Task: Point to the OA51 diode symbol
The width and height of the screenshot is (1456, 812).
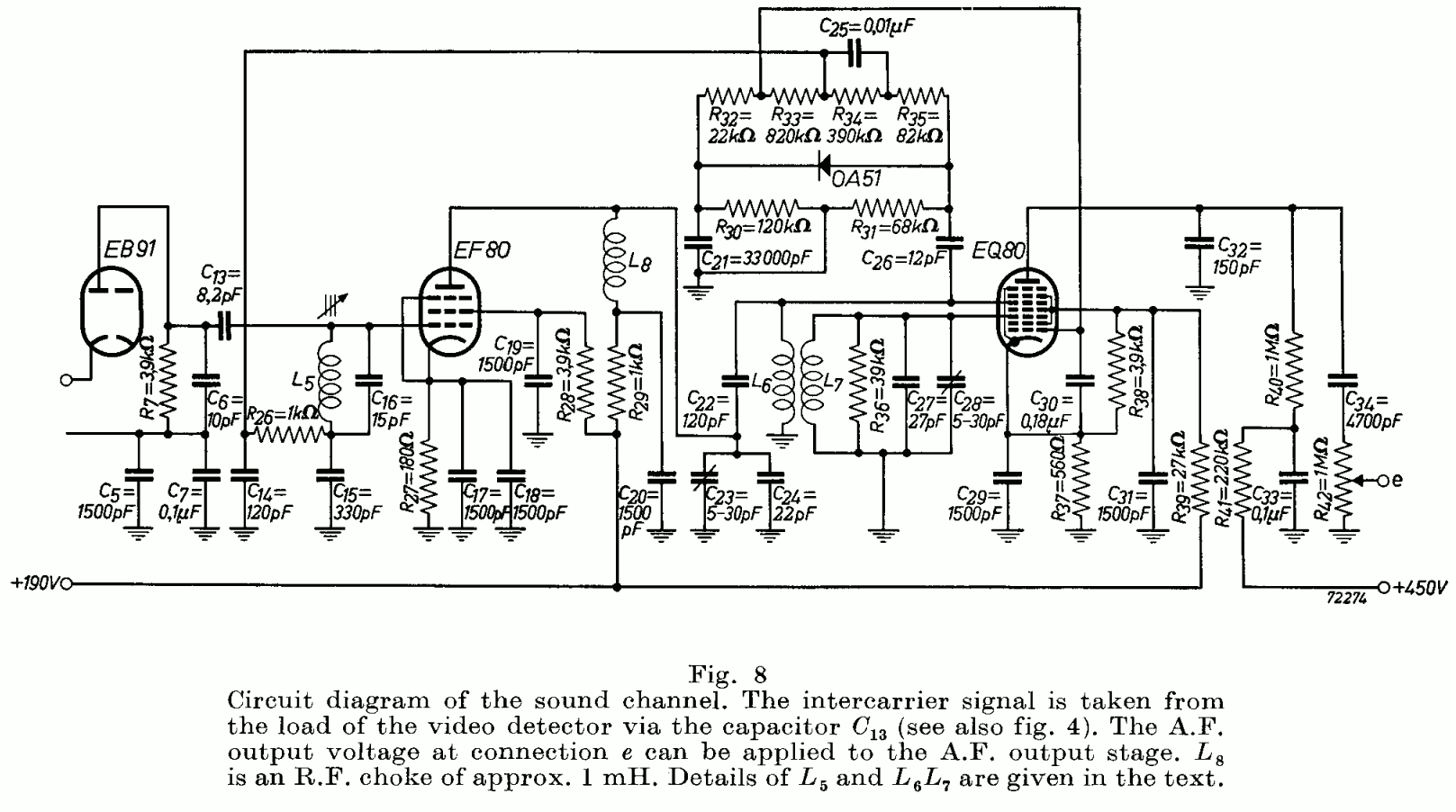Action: pyautogui.click(x=822, y=166)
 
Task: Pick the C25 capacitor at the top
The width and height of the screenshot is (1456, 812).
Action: pyautogui.click(x=855, y=56)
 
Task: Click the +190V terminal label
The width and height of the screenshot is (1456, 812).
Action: pyautogui.click(x=34, y=583)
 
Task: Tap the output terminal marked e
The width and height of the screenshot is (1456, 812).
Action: pyautogui.click(x=1396, y=481)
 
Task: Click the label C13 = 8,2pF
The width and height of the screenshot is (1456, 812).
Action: pyautogui.click(x=221, y=280)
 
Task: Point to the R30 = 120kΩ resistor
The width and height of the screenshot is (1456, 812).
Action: pyautogui.click(x=761, y=206)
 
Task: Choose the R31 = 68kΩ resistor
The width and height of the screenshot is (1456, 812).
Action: pyautogui.click(x=887, y=206)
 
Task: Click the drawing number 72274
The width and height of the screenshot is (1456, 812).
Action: pyautogui.click(x=1346, y=597)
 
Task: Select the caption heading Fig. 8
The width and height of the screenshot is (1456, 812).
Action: pyautogui.click(x=727, y=673)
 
